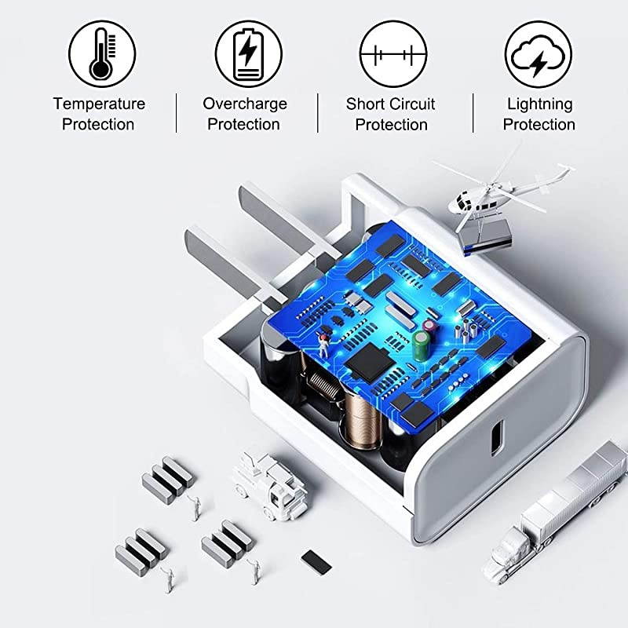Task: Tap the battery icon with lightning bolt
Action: click(x=247, y=53)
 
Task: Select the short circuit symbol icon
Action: click(x=392, y=53)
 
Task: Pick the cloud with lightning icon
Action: click(x=538, y=53)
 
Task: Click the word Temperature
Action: click(x=99, y=104)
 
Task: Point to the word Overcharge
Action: click(x=245, y=104)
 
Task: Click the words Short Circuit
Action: click(x=391, y=104)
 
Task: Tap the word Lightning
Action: click(x=539, y=104)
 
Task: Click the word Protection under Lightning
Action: click(x=539, y=125)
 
